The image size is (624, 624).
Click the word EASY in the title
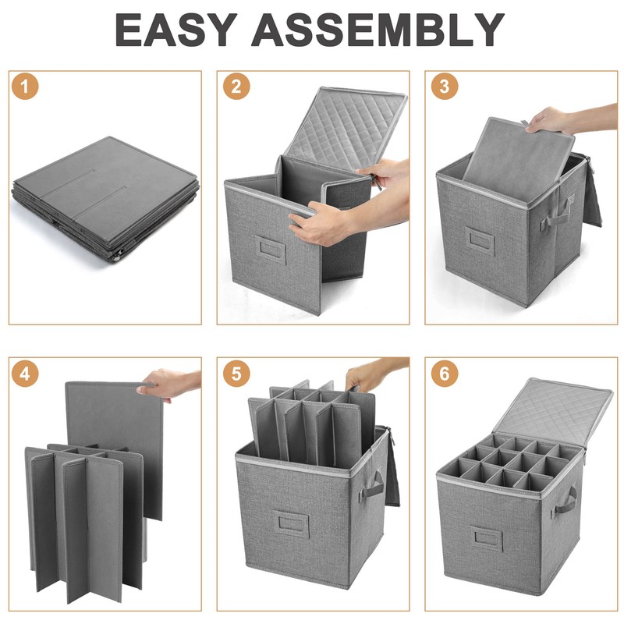(176, 30)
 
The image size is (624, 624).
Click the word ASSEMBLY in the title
(378, 30)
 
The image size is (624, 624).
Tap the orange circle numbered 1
(25, 86)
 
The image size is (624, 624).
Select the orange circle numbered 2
(236, 86)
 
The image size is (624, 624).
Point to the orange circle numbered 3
(445, 86)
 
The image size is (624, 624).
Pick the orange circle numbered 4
(25, 374)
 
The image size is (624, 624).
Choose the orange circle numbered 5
(236, 374)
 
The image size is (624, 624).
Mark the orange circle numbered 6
(445, 374)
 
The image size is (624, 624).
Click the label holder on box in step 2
(271, 248)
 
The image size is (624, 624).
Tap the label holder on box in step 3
(480, 240)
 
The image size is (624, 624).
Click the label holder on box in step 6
(486, 538)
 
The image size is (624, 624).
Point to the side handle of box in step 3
(557, 214)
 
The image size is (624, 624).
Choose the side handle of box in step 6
(564, 502)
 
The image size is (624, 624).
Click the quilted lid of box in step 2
(346, 126)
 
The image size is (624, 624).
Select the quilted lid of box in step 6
(553, 413)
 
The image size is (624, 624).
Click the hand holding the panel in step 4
(169, 384)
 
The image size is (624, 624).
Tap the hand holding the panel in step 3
(565, 119)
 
